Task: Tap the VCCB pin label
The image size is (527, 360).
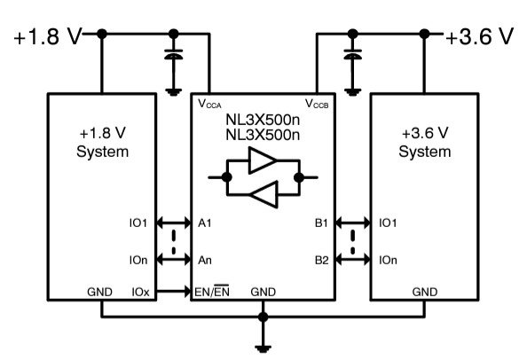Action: pyautogui.click(x=317, y=103)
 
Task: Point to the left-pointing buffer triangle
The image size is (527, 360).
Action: pyautogui.click(x=263, y=192)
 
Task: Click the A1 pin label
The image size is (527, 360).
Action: pyautogui.click(x=204, y=224)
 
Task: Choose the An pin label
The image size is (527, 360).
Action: pyautogui.click(x=204, y=260)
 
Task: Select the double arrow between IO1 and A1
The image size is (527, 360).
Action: pyautogui.click(x=173, y=224)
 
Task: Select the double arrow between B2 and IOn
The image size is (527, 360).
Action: pyautogui.click(x=354, y=260)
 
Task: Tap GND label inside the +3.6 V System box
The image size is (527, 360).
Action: pyautogui.click(x=424, y=291)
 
